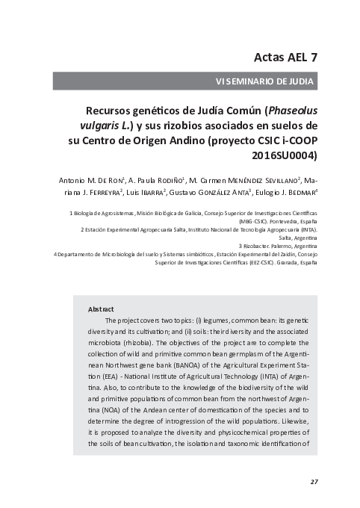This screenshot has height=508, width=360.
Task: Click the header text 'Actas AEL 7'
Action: point(286,57)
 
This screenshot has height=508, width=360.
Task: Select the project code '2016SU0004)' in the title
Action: point(284,156)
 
